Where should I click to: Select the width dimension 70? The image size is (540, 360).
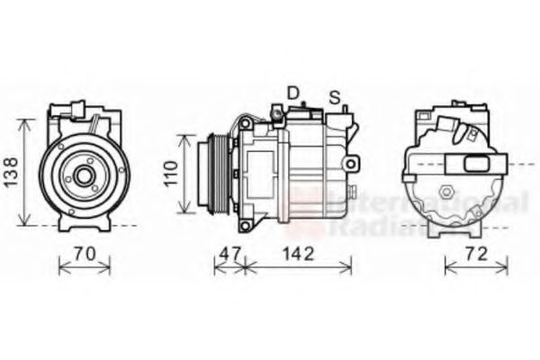84,254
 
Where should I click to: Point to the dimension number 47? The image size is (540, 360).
229,254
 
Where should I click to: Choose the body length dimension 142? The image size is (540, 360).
298,254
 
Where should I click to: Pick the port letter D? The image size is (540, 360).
292,93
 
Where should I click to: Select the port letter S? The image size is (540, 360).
334,96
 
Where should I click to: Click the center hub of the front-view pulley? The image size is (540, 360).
84,176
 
